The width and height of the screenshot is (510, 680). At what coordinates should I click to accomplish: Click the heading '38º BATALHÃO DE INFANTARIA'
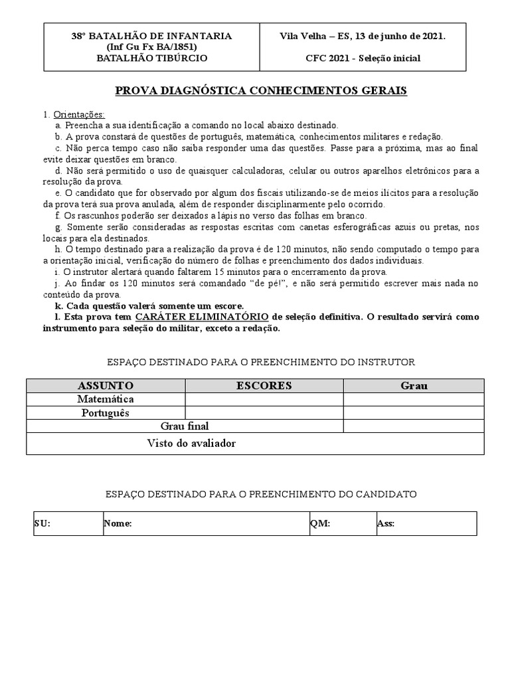[x=152, y=37]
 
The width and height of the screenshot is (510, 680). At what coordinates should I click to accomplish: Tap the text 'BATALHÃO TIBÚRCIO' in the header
[x=152, y=58]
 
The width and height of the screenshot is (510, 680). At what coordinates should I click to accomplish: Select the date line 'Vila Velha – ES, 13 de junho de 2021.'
[x=363, y=37]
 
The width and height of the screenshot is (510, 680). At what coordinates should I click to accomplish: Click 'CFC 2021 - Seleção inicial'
[x=363, y=58]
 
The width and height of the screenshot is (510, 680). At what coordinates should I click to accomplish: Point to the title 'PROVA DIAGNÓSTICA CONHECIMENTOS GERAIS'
[x=261, y=90]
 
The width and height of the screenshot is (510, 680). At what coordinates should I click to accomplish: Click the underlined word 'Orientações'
[x=78, y=114]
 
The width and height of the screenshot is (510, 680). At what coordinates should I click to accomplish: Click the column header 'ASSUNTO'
[x=106, y=386]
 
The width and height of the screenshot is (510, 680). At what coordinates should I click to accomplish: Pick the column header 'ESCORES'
[x=264, y=386]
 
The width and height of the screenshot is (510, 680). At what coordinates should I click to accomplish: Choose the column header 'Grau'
[x=414, y=386]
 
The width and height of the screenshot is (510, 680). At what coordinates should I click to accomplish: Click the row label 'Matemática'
[x=106, y=399]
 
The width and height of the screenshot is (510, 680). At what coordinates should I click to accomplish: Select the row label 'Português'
[x=106, y=413]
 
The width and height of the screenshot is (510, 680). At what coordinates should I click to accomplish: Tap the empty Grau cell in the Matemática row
[x=414, y=399]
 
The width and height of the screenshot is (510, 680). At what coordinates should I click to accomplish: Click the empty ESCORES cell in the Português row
[x=264, y=413]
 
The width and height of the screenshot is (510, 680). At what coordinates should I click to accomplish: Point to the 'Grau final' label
[x=185, y=426]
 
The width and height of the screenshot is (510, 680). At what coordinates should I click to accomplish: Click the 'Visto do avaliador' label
[x=191, y=443]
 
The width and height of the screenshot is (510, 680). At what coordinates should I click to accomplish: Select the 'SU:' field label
[x=42, y=524]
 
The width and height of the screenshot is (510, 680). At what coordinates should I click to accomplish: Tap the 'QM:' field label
[x=320, y=524]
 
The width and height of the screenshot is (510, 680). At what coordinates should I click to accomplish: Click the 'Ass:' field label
[x=386, y=524]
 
